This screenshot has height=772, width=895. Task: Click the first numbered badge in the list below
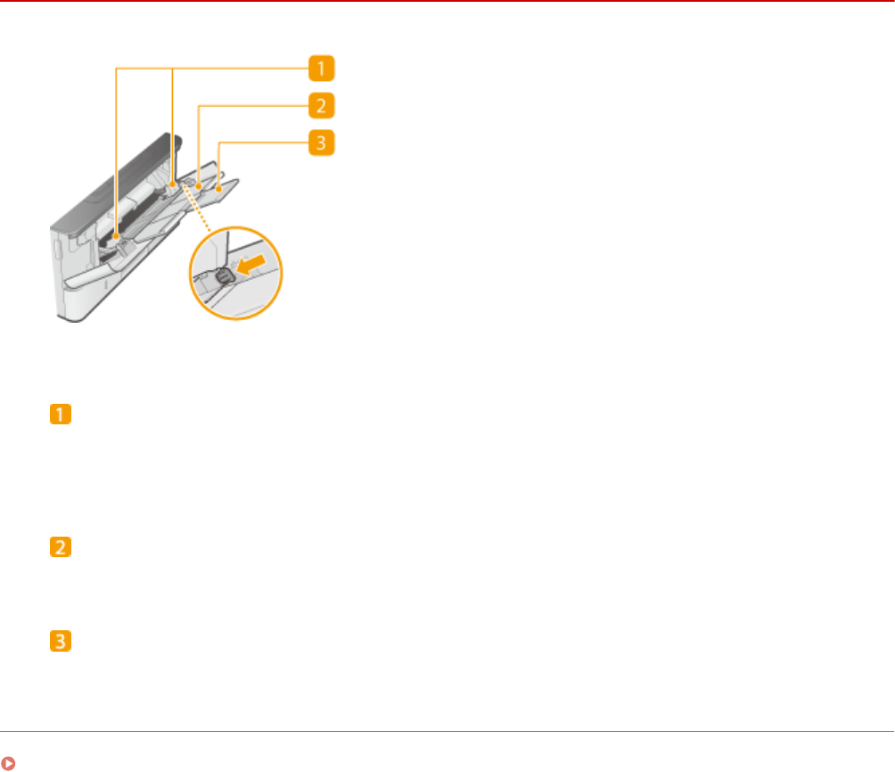tap(64, 416)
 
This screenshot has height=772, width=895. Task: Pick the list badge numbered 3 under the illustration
tap(64, 641)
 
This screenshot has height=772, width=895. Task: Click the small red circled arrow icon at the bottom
tap(8, 763)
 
